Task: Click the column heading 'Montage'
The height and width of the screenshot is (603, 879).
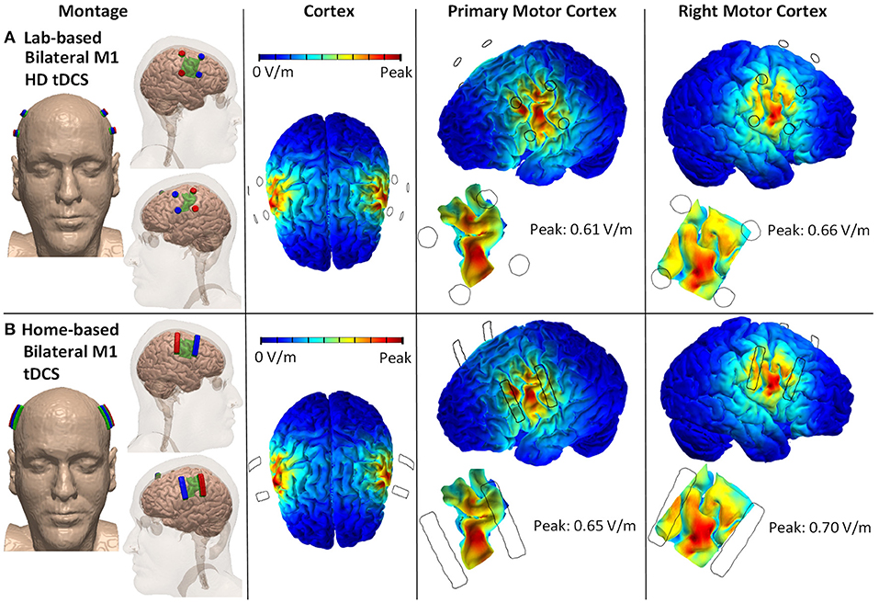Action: tap(93, 11)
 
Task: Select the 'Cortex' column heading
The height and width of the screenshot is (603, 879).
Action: tap(329, 11)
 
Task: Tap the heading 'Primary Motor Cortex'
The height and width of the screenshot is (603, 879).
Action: tap(532, 11)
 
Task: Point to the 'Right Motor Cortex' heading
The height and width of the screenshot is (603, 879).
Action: tap(752, 11)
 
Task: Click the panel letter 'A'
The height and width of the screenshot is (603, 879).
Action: tap(9, 38)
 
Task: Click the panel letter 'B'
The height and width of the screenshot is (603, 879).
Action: tap(9, 329)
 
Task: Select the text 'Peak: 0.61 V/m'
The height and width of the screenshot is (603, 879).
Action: tap(580, 229)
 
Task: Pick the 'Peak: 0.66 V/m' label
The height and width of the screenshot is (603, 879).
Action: tap(818, 230)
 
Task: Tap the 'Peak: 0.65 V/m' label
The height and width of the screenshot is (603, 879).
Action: tap(584, 526)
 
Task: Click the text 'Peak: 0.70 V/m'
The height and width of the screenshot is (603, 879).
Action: tap(819, 528)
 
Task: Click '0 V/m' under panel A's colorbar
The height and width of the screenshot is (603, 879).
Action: tap(273, 73)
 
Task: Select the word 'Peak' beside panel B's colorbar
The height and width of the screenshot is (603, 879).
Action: tap(395, 358)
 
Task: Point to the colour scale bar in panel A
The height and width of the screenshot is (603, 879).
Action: tap(330, 57)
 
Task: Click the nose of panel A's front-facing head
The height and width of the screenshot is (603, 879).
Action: tap(67, 190)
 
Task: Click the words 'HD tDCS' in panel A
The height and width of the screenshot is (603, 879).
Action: tap(57, 80)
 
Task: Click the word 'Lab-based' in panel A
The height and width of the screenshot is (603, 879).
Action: tap(62, 38)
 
